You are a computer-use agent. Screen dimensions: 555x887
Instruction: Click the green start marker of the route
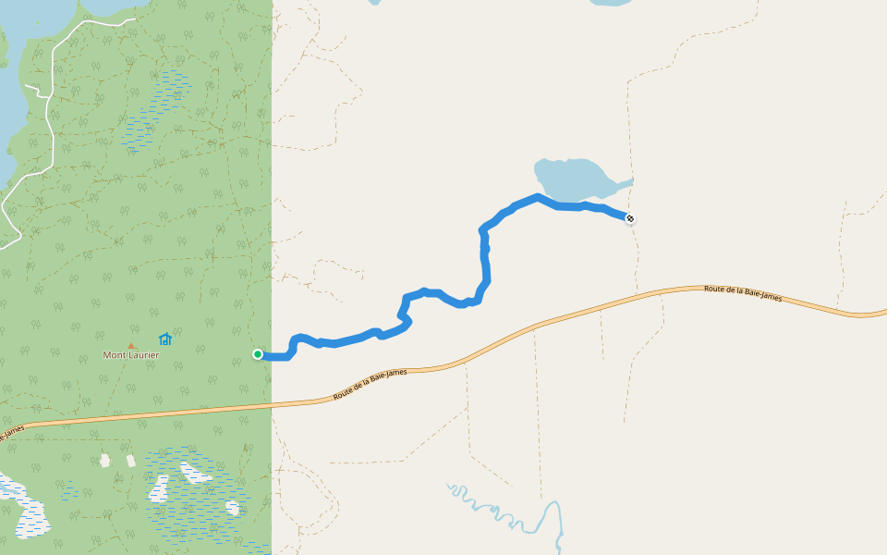pyautogui.click(x=258, y=354)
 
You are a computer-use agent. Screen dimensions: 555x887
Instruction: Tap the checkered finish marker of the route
pyautogui.click(x=630, y=218)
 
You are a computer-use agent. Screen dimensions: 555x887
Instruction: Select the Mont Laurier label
pyautogui.click(x=130, y=355)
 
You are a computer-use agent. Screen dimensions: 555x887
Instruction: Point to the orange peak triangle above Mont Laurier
pyautogui.click(x=131, y=346)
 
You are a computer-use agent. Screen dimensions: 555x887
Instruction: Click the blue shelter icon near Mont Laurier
pyautogui.click(x=165, y=339)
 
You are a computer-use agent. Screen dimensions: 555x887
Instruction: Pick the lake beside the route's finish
pyautogui.click(x=573, y=177)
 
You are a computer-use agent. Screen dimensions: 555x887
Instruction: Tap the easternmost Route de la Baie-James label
pyautogui.click(x=742, y=293)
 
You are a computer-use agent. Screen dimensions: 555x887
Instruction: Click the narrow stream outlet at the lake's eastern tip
pyautogui.click(x=626, y=181)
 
